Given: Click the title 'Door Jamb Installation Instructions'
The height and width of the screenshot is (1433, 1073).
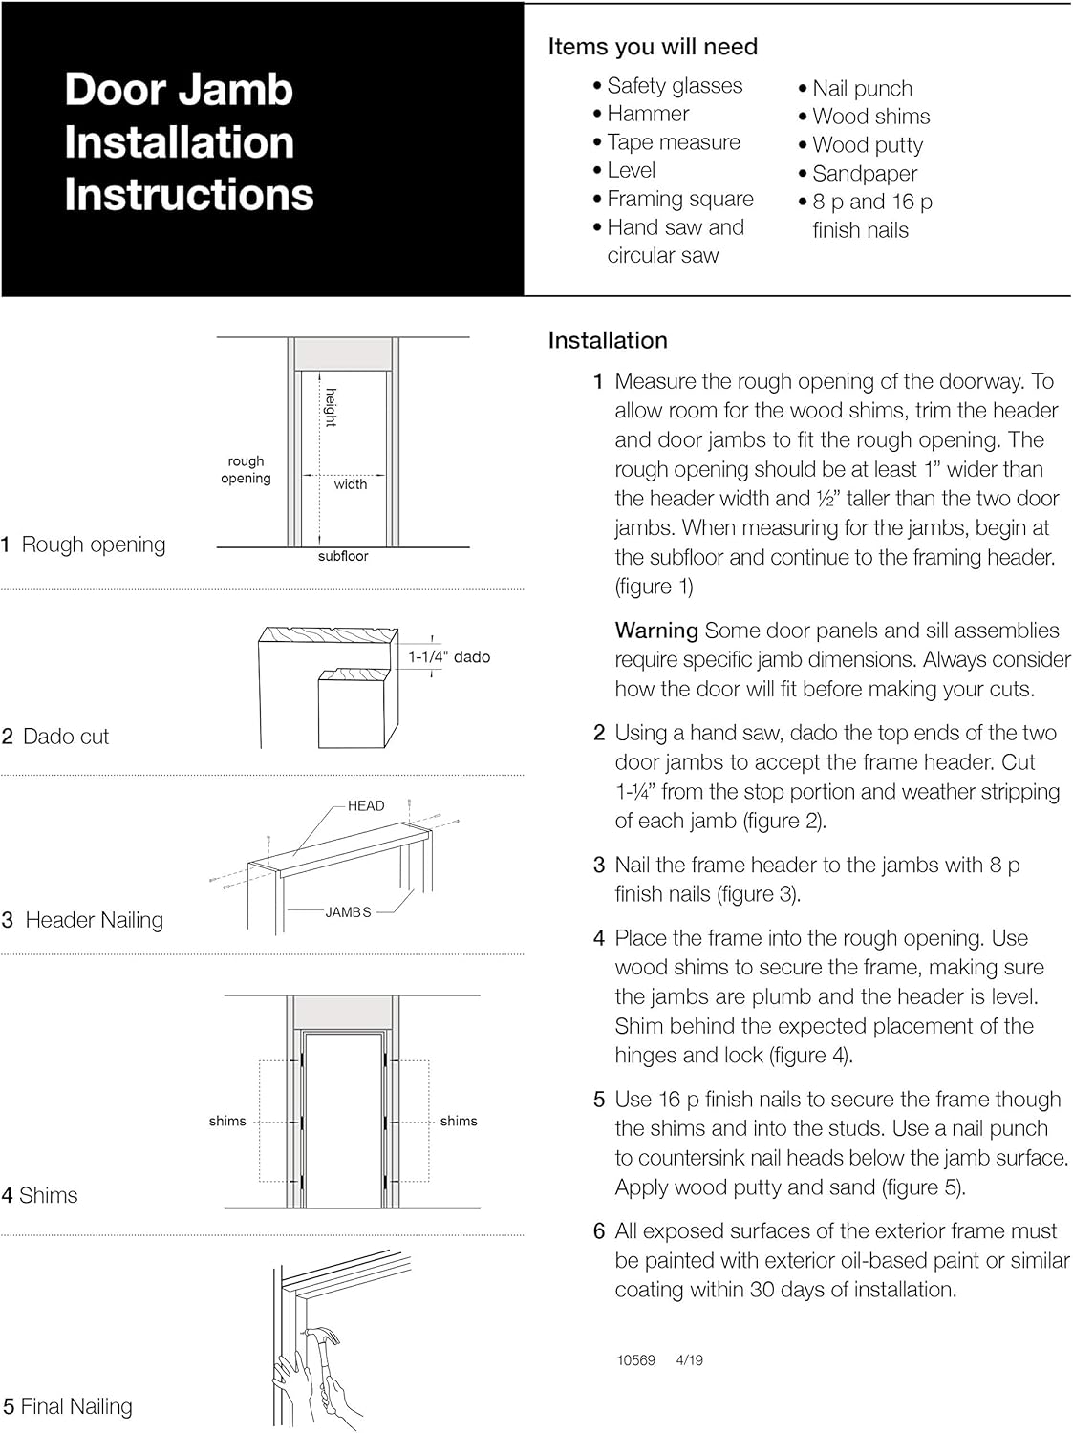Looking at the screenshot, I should (x=188, y=142).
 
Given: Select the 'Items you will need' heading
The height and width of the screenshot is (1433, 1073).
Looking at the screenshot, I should (x=653, y=47).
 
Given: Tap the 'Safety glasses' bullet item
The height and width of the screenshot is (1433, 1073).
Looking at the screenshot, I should (x=674, y=86).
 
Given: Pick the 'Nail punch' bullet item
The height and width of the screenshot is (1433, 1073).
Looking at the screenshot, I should (x=862, y=89).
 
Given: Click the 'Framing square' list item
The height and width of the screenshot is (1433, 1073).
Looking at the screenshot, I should (x=679, y=199).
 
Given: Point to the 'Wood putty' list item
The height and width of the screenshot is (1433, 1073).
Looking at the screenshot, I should (x=867, y=145).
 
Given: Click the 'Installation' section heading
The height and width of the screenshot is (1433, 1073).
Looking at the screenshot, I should (x=608, y=340).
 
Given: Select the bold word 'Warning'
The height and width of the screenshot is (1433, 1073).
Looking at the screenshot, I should (x=656, y=631).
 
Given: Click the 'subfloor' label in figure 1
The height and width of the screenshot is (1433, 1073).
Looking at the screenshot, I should (x=343, y=556).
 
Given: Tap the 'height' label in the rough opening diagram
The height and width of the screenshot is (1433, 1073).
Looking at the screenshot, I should (x=331, y=408).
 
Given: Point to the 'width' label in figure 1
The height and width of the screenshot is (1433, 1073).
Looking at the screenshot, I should (x=351, y=484).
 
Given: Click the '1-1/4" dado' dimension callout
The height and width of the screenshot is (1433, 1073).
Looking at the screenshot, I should (x=449, y=657).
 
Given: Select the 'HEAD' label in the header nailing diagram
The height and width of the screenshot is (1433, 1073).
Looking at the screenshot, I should (x=366, y=806).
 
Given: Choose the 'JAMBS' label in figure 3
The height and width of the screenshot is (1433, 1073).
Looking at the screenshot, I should (x=348, y=912).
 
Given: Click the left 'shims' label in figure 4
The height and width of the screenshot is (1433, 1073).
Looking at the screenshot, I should (x=227, y=1121).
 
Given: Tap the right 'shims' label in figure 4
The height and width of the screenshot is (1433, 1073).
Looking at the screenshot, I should (x=459, y=1121).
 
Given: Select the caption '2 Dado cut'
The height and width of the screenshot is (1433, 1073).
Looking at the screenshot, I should (x=55, y=737).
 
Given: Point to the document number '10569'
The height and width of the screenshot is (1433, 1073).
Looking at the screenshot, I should (x=636, y=1360).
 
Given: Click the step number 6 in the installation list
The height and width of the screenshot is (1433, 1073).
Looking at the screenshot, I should (x=599, y=1231).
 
